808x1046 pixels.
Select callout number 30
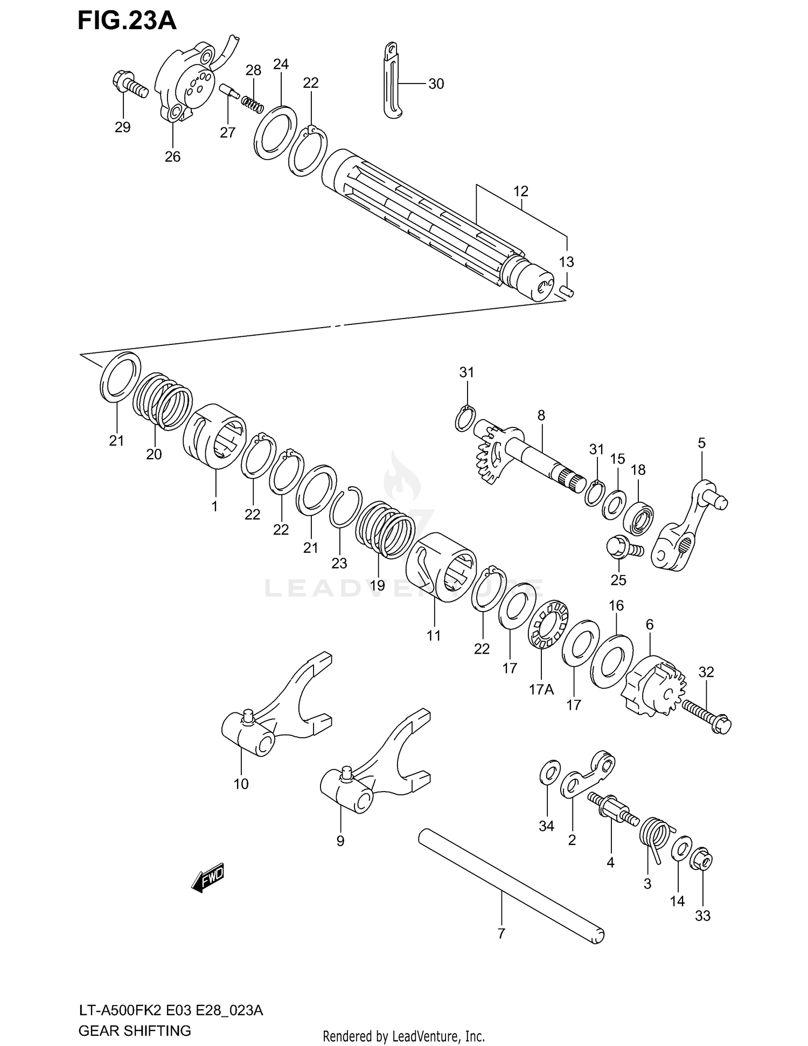point(436,84)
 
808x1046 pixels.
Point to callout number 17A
point(541,689)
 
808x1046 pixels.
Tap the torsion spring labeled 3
point(654,837)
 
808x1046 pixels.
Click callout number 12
point(520,191)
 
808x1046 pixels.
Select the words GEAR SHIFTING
point(135,1031)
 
